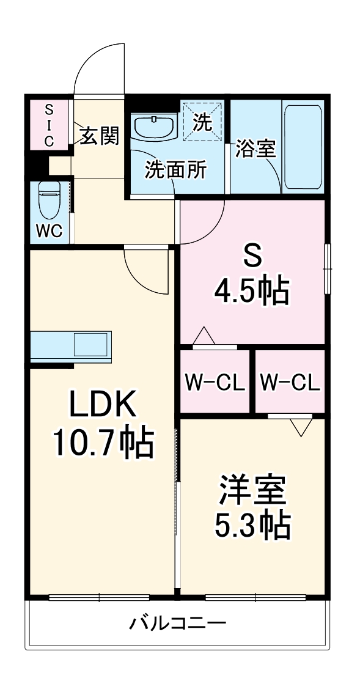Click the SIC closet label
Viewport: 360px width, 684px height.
(49, 125)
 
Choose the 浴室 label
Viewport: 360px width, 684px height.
(255, 149)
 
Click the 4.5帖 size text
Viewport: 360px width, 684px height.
(251, 292)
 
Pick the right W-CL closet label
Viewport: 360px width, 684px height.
(290, 383)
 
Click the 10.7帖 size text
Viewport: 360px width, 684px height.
(102, 444)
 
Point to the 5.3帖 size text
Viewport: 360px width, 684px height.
(251, 524)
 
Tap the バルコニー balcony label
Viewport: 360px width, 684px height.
(178, 624)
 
